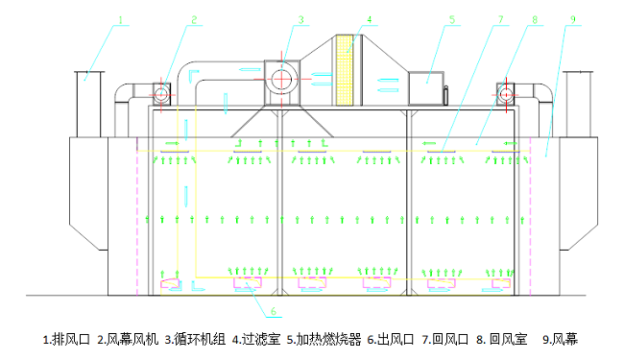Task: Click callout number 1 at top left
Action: click(x=121, y=19)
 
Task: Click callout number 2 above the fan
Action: click(x=193, y=19)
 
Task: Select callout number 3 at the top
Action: click(x=300, y=19)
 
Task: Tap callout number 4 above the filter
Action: click(x=368, y=19)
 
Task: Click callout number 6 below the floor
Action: click(x=273, y=311)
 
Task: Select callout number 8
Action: click(x=536, y=19)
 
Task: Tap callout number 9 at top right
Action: click(x=572, y=19)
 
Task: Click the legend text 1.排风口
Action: click(x=67, y=339)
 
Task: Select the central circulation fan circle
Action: click(x=282, y=78)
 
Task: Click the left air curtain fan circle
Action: click(x=160, y=92)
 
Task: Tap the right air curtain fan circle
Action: click(x=505, y=92)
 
